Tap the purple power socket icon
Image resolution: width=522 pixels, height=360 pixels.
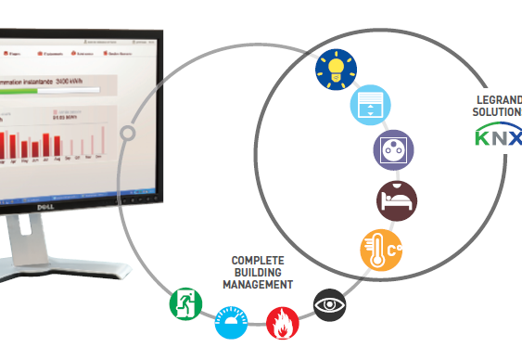392,148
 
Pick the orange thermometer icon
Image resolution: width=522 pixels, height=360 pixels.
381,249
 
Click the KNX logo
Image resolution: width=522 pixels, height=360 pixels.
499,137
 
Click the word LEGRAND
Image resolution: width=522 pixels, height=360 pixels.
500,99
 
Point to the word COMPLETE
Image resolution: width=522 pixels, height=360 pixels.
257,261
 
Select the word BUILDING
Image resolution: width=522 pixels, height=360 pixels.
257,273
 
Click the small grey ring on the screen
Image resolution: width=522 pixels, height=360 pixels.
128,134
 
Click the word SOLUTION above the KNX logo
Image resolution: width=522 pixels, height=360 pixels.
499,111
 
